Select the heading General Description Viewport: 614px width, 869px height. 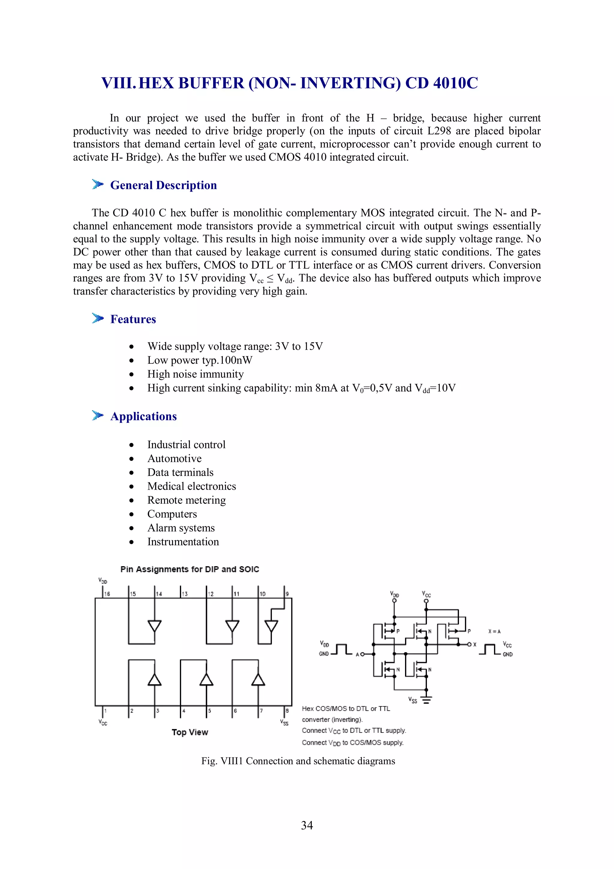click(x=163, y=185)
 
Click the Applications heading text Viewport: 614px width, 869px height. click(x=143, y=416)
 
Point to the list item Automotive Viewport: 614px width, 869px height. click(x=174, y=458)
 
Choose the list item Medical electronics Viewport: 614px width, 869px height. click(x=192, y=486)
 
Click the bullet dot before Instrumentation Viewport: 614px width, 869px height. click(x=131, y=542)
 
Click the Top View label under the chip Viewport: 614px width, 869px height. click(x=189, y=732)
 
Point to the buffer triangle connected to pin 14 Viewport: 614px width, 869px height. click(x=154, y=626)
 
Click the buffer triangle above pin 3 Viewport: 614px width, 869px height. click(x=154, y=679)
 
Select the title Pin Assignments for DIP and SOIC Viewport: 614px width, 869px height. click(x=189, y=569)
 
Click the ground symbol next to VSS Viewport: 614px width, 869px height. click(x=426, y=700)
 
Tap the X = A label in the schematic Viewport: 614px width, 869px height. click(x=494, y=631)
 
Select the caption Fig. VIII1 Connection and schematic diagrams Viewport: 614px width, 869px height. click(x=298, y=761)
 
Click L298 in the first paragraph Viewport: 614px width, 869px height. click(x=439, y=131)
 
